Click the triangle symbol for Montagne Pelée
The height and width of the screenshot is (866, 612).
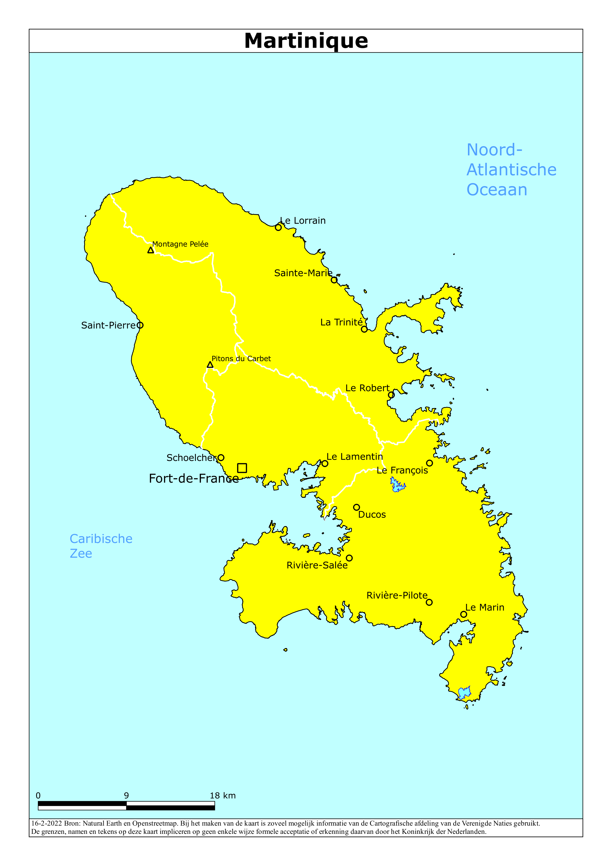click(x=151, y=250)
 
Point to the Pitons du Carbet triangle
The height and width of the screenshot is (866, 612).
click(x=210, y=365)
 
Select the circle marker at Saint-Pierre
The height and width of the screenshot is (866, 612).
click(x=140, y=325)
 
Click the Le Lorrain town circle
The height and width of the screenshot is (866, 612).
click(x=278, y=227)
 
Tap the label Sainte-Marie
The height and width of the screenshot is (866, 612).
click(x=303, y=273)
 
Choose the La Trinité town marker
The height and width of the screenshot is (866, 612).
click(x=364, y=329)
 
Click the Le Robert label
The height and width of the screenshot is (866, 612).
click(x=367, y=388)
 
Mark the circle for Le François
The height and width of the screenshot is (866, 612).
click(x=430, y=463)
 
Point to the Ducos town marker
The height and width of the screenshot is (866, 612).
click(x=356, y=507)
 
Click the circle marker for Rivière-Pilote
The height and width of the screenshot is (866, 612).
click(x=429, y=602)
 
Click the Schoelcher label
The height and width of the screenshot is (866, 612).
click(x=191, y=458)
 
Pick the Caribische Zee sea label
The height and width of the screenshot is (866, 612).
click(x=101, y=546)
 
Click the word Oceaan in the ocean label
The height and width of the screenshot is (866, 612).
click(x=497, y=190)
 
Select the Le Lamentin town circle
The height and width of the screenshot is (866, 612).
click(x=325, y=463)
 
